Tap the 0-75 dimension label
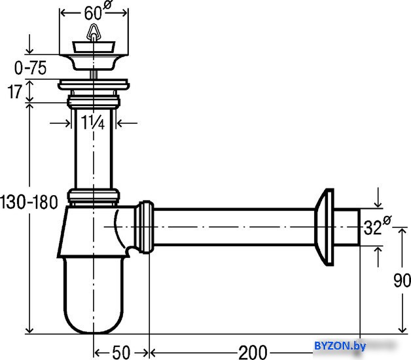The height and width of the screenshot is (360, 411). [30, 68]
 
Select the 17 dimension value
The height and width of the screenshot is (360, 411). [14, 92]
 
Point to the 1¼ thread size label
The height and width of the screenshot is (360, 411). [93, 122]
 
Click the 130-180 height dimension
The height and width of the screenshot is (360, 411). [29, 202]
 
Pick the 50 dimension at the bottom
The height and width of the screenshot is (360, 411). [121, 352]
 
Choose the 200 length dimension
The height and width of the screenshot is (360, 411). [253, 352]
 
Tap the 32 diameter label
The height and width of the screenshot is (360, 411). [377, 226]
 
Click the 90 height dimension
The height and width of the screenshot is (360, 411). [402, 281]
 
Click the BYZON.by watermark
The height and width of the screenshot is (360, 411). [340, 346]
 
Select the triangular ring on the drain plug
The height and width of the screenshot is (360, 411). [94, 31]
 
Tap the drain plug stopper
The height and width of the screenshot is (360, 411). [94, 47]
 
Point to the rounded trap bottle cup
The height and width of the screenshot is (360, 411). [94, 295]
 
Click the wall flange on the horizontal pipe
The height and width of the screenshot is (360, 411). [324, 227]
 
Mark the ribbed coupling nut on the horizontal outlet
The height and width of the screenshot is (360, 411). [144, 227]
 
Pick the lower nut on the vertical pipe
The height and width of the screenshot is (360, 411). [94, 196]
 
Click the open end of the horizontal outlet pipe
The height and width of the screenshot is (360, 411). [359, 227]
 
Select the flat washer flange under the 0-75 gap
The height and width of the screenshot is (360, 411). [94, 84]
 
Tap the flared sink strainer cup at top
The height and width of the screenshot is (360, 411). [94, 62]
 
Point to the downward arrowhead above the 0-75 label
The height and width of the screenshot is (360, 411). [29, 50]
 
